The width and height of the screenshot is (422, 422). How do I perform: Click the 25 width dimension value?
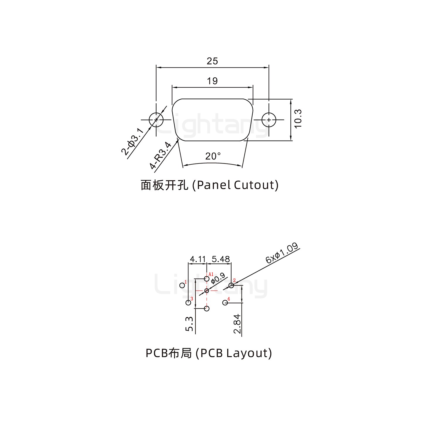tap(212, 61)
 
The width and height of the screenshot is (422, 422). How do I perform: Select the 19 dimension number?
tap(212, 81)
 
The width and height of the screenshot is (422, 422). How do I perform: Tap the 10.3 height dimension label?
tap(298, 119)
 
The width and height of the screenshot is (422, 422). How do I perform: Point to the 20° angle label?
tap(213, 156)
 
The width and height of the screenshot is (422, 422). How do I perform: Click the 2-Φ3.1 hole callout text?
tap(132, 142)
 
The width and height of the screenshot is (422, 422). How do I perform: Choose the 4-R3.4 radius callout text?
tap(160, 156)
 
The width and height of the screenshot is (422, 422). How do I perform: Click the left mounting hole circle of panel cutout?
tap(156, 120)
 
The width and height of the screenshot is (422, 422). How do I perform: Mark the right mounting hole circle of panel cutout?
tap(269, 120)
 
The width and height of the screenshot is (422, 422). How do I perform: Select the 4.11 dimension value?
tap(198, 259)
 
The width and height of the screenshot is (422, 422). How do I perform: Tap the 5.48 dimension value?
tap(221, 259)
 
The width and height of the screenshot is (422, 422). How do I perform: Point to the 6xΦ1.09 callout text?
tap(282, 253)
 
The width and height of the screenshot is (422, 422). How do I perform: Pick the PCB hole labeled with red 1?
tap(182, 285)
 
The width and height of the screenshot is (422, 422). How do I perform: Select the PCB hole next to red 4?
tap(225, 302)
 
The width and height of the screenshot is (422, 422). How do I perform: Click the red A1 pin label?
tap(211, 275)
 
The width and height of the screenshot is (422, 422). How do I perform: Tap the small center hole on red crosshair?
tap(207, 290)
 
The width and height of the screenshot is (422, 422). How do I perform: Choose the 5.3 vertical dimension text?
tap(189, 324)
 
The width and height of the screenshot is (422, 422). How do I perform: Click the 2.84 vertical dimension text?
tap(237, 324)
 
